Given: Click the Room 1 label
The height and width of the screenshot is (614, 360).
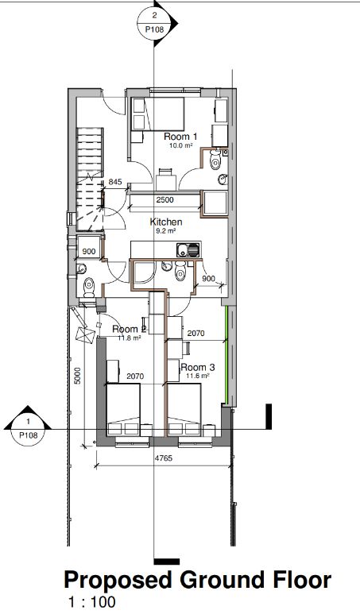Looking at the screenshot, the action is (180, 137).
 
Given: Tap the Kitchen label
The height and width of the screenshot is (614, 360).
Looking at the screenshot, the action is (166, 222).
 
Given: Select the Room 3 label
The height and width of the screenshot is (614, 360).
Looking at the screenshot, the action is (197, 367).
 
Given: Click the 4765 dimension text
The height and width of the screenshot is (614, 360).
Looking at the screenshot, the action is (164, 458).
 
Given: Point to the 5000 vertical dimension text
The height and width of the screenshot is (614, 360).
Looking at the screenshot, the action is (78, 376).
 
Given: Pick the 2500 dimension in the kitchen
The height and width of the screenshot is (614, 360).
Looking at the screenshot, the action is (165, 199).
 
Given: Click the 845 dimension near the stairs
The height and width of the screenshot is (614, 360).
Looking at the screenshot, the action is (115, 182).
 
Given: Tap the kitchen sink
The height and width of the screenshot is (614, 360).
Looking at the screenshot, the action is (188, 249).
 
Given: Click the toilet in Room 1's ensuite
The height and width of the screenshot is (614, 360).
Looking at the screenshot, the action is (215, 160).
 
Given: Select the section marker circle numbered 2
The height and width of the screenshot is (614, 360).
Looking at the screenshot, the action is (155, 23).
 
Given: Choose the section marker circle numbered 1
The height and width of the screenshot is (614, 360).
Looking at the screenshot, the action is (28, 429).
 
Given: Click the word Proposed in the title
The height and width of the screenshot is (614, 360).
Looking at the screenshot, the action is (118, 581).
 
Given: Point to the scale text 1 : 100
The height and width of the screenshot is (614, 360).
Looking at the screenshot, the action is (91, 602).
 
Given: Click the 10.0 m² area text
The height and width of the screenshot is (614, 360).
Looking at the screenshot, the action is (180, 145).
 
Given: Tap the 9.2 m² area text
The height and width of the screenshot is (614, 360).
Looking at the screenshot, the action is (166, 230).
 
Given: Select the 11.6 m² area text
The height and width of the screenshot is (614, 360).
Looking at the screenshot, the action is (197, 376).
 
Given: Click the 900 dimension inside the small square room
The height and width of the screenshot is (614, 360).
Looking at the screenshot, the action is (89, 251).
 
